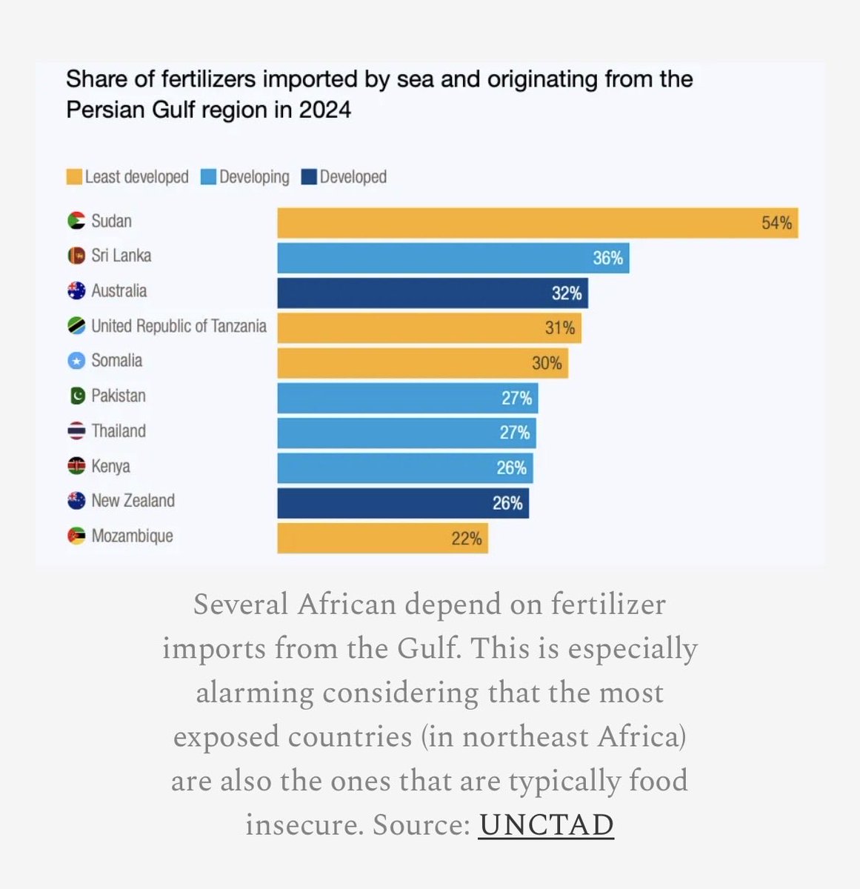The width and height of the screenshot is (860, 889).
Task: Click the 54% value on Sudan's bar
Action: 776,223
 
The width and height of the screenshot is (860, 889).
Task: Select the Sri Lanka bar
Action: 453,258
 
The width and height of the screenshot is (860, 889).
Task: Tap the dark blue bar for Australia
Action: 432,293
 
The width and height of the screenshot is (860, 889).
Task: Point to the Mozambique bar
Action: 382,538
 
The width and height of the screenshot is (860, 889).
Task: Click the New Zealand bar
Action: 402,503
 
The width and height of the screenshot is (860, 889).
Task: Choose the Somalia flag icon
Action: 76,361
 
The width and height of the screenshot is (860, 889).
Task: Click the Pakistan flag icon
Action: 76,396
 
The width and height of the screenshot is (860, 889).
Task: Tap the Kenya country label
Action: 110,467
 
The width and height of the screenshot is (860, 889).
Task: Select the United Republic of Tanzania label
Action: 179,326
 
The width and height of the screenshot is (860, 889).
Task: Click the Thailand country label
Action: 118,431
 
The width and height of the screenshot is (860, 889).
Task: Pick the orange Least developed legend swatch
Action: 74,177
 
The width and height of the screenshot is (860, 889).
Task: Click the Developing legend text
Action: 254,177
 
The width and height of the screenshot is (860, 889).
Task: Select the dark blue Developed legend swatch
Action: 309,177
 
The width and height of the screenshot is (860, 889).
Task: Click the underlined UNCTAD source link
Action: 546,825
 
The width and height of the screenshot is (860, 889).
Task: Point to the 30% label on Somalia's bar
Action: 547,363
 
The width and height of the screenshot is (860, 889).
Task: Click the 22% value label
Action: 467,539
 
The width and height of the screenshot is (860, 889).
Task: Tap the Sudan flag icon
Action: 76,221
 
